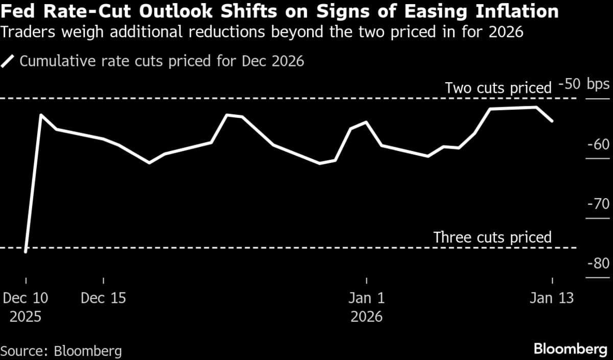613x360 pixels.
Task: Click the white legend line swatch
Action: (9, 62)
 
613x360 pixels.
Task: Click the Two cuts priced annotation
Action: (498, 88)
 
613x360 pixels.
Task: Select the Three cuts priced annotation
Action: (492, 237)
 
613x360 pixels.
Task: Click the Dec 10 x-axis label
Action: (26, 298)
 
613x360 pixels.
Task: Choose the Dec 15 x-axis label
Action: (103, 298)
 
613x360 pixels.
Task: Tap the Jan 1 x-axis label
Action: (366, 298)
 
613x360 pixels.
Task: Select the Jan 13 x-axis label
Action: (552, 298)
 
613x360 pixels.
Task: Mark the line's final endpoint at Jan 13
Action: (552, 121)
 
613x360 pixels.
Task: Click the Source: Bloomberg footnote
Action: (61, 351)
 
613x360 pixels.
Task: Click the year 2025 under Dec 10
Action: (26, 317)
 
